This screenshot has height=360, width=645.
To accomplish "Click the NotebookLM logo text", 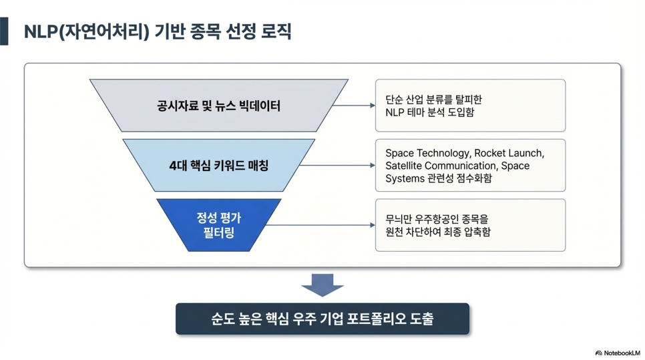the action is pyautogui.click(x=618, y=353).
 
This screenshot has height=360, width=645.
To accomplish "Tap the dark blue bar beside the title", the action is pyautogui.click(x=4, y=31).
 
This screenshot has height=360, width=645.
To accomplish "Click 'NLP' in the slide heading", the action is pyautogui.click(x=41, y=31).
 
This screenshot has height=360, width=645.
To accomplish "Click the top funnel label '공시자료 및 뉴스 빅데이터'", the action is pyautogui.click(x=219, y=106).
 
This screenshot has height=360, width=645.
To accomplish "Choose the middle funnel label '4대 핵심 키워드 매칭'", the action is pyautogui.click(x=219, y=166).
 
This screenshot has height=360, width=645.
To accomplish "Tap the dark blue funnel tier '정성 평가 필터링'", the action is pyautogui.click(x=219, y=225).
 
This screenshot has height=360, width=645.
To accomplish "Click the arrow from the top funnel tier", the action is pyautogui.click(x=354, y=106).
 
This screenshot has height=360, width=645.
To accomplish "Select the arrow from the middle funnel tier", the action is pyautogui.click(x=337, y=166).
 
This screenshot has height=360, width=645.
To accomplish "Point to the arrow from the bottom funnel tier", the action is pyautogui.click(x=320, y=225).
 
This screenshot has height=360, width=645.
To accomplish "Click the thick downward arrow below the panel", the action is pyautogui.click(x=322, y=285).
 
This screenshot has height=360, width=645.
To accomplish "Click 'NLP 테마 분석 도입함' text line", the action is pyautogui.click(x=430, y=112).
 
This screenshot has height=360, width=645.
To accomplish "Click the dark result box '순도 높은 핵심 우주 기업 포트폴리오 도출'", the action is pyautogui.click(x=322, y=319).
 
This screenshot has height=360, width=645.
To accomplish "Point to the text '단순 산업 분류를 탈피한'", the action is pyautogui.click(x=433, y=100).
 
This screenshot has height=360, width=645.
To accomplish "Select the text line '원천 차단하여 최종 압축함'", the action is pyautogui.click(x=438, y=232).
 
